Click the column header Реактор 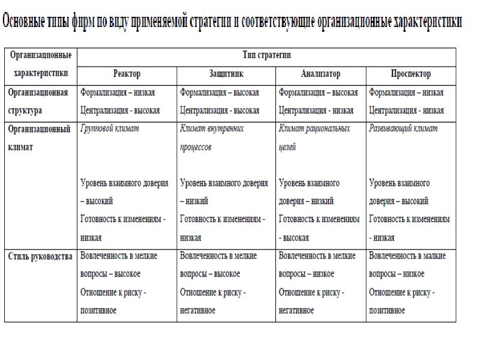127,74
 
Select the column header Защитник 226,74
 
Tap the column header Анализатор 320,74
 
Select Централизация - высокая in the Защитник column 220,110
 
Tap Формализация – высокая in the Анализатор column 318,92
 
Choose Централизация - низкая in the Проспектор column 406,110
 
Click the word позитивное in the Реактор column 98,311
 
